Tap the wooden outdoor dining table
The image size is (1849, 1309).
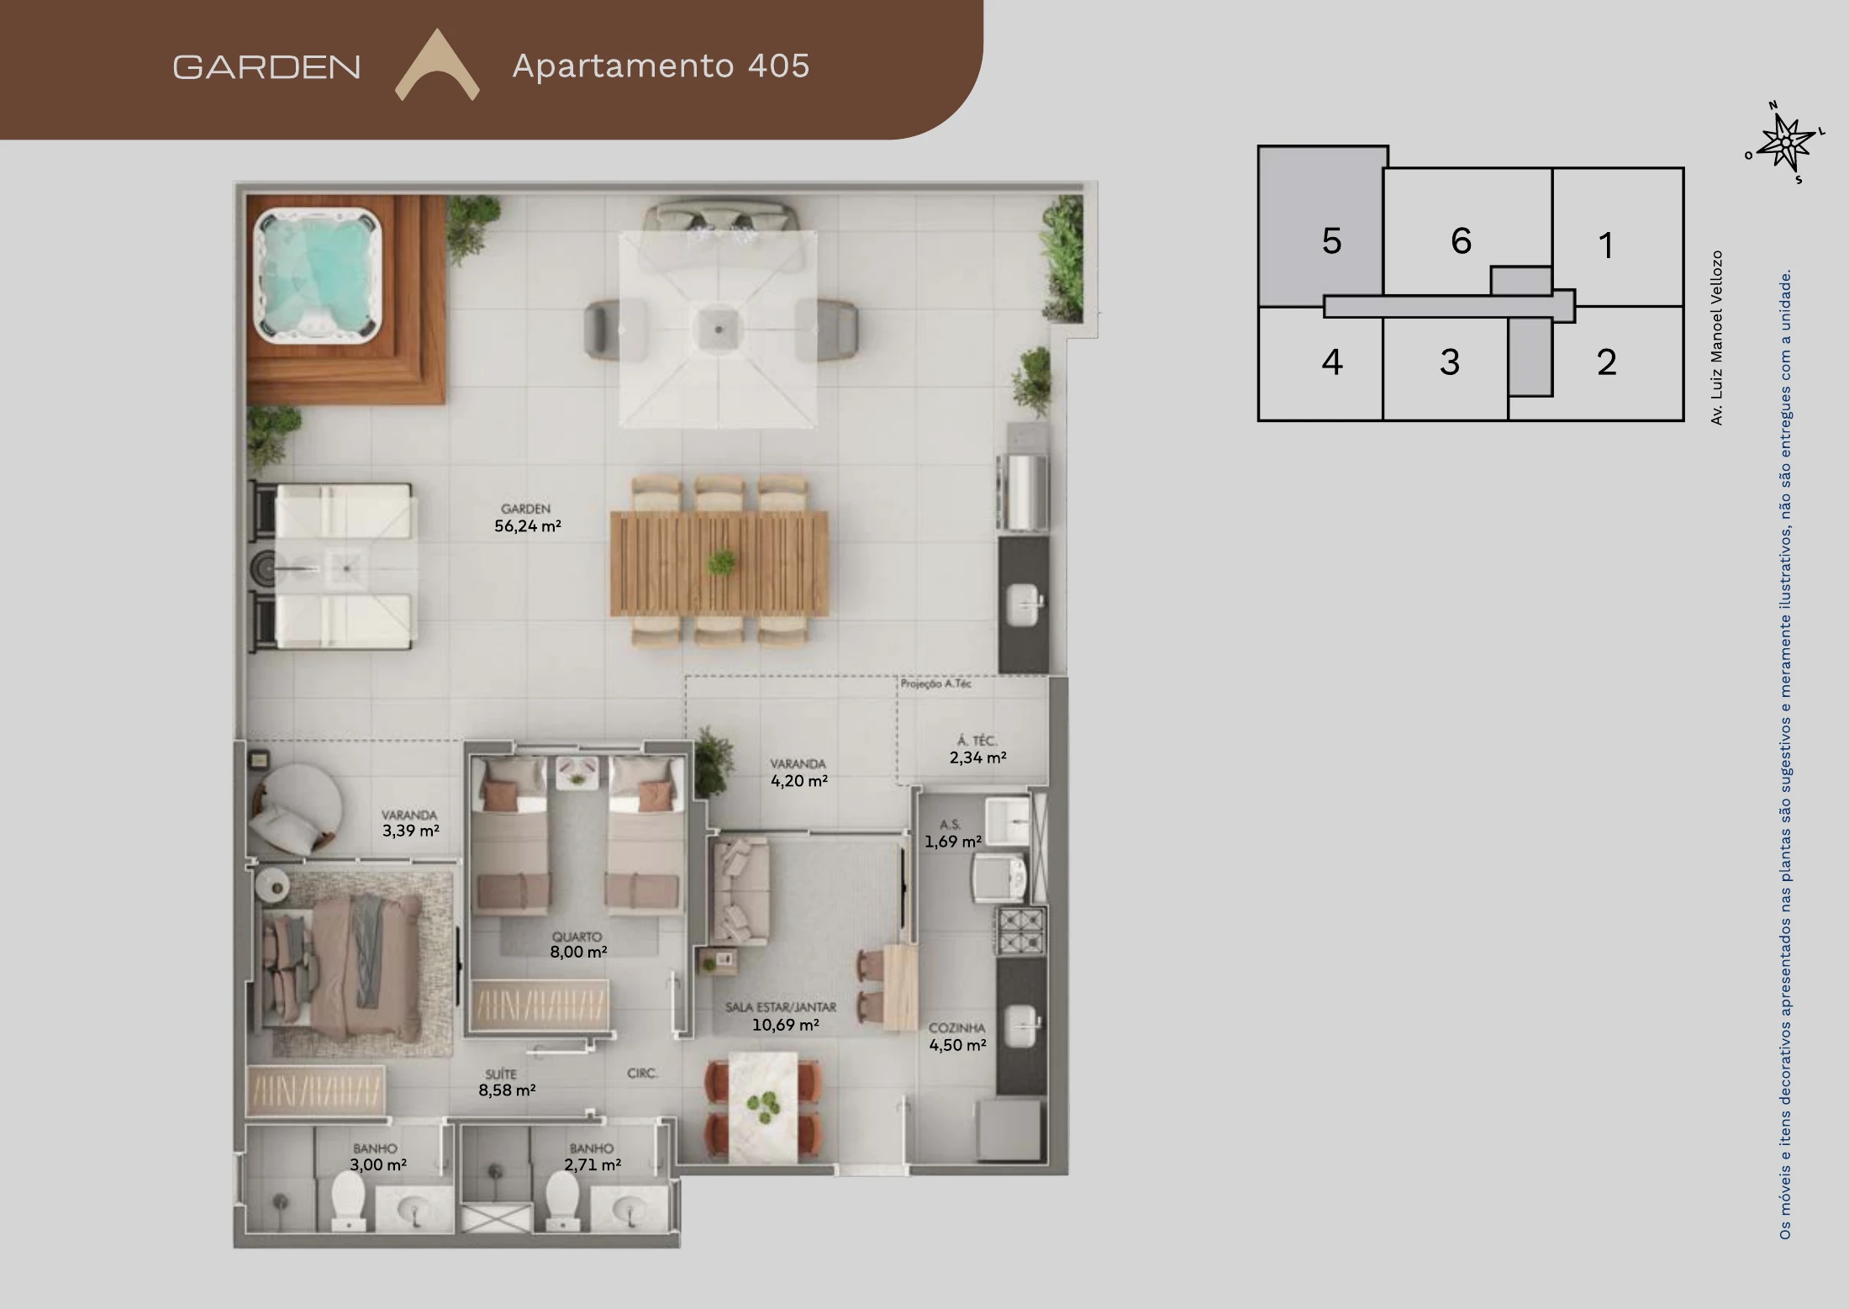[x=719, y=563]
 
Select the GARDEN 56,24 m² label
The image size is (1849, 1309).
[x=527, y=518]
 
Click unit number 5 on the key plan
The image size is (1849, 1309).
[x=1331, y=241]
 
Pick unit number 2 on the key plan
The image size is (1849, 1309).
[x=1606, y=362]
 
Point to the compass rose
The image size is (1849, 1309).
[x=1786, y=142]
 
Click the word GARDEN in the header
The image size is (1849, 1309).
[x=266, y=67]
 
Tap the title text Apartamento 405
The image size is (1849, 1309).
[x=661, y=66]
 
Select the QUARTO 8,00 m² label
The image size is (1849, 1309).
[x=578, y=944]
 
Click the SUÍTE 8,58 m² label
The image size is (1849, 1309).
[x=507, y=1082]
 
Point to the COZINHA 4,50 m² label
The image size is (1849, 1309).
[x=957, y=1037]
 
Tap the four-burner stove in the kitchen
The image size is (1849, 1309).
[x=1021, y=931]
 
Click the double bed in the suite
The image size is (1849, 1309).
[x=340, y=963]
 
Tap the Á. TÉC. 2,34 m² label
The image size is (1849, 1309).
[x=977, y=749]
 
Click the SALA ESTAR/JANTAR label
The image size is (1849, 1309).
[x=781, y=1007]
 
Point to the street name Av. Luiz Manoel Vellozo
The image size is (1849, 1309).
[x=1716, y=337]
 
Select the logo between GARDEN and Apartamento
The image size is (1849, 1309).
[x=437, y=66]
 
